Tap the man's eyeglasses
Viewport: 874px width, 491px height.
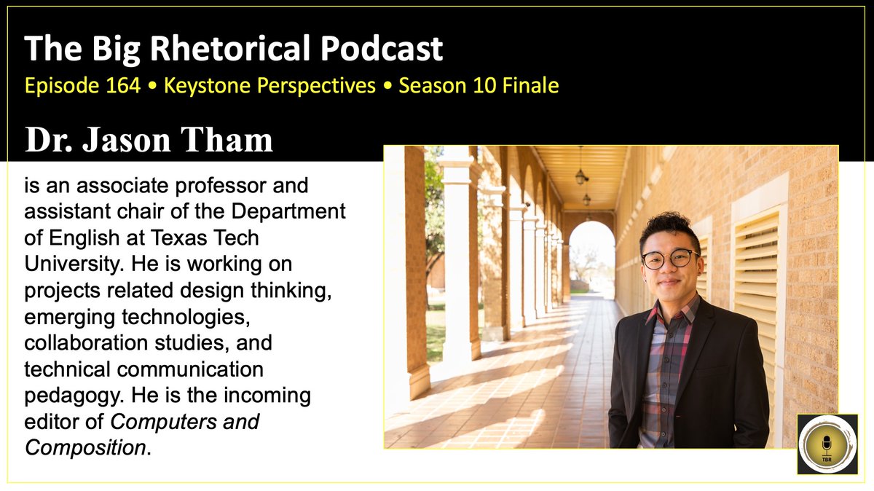coord(669,258)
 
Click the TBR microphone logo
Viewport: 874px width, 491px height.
coord(827,444)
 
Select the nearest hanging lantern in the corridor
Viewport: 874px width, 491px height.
coord(581,175)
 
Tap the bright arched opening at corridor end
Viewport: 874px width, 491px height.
coord(591,255)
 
